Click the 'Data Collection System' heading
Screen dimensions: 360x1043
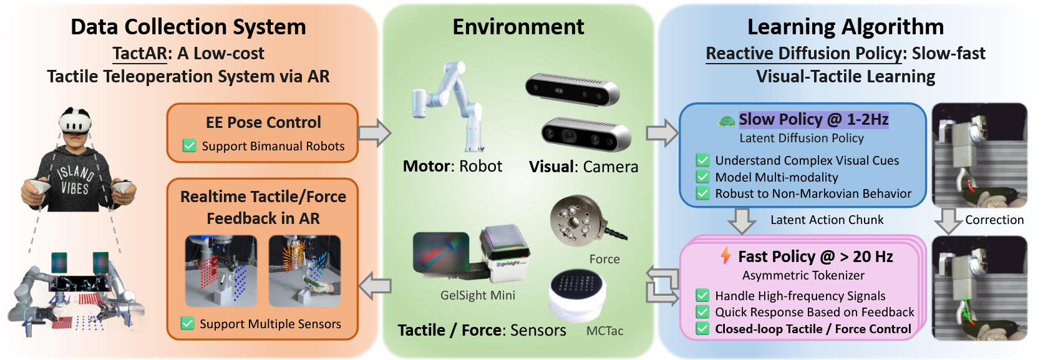(x=188, y=27)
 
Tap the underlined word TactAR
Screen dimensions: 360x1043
(x=140, y=54)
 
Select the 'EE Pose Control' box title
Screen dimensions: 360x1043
(x=263, y=122)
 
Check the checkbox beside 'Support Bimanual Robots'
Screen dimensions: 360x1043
(x=189, y=145)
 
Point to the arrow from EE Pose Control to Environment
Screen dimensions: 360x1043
(x=374, y=133)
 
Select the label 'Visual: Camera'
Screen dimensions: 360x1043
(x=583, y=167)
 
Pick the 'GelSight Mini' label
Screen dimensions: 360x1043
(x=478, y=295)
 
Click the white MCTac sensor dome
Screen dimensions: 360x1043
(x=577, y=293)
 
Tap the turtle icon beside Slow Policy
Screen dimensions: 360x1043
(x=726, y=120)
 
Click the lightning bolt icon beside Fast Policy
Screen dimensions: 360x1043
(x=725, y=255)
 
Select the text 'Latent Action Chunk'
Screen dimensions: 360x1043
(x=827, y=220)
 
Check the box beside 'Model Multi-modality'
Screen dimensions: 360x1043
(x=703, y=177)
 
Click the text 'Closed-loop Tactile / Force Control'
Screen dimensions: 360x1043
(x=813, y=329)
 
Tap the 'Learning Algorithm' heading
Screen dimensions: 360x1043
(x=845, y=27)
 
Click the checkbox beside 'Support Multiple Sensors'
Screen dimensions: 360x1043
(x=187, y=323)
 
